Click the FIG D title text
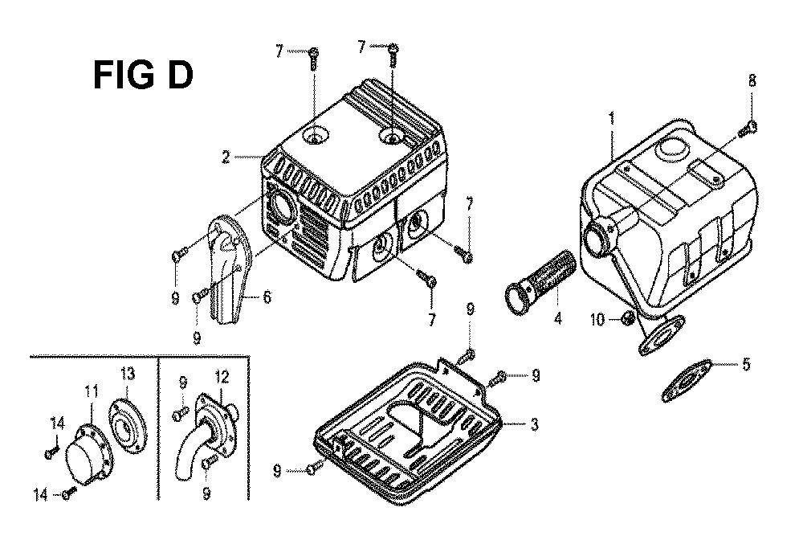[x=144, y=75]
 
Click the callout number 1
[x=611, y=119]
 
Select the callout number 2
[x=226, y=157]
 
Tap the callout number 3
[x=534, y=424]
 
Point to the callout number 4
[x=558, y=318]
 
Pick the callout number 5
[x=746, y=364]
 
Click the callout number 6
[x=267, y=297]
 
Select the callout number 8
[x=752, y=80]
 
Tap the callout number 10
[x=597, y=320]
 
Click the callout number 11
[x=91, y=392]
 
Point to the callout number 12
[x=222, y=377]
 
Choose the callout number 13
[x=128, y=374]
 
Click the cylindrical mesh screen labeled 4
[x=540, y=279]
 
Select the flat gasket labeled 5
[x=687, y=381]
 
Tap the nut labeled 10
[x=628, y=319]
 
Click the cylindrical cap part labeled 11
[x=86, y=455]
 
